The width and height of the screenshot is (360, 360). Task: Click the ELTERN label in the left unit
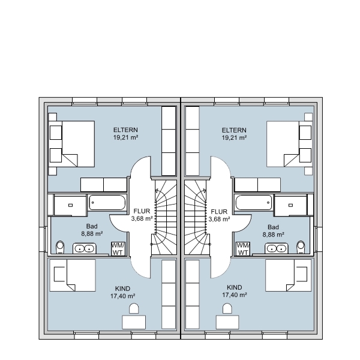point(125,130)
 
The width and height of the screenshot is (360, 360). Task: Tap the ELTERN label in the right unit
point(234,130)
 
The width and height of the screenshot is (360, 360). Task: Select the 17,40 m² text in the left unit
point(122,296)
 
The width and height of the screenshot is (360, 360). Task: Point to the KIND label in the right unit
point(235,287)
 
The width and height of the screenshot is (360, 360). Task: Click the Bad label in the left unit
point(92,226)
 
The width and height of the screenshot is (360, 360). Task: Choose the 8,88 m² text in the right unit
point(274,235)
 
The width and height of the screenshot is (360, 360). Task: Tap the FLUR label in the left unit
point(142,211)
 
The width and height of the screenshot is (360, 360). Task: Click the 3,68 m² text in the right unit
point(219,219)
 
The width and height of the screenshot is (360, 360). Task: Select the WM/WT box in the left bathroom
point(118,248)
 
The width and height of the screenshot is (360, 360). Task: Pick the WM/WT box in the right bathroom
point(243,249)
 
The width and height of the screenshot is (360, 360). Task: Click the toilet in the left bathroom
point(60,247)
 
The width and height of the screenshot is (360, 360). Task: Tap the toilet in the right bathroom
point(301,247)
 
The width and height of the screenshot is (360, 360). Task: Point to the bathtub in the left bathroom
point(107,202)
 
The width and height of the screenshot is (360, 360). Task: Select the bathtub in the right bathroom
point(254,202)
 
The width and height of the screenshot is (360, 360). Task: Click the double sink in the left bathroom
point(84,248)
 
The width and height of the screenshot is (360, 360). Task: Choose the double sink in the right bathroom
point(277,248)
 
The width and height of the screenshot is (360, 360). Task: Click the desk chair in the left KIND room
point(134,308)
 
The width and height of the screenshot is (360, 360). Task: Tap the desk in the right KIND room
point(227,322)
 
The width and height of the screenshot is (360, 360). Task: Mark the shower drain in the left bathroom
point(70,205)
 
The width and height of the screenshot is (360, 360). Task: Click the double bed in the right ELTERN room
point(289,144)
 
